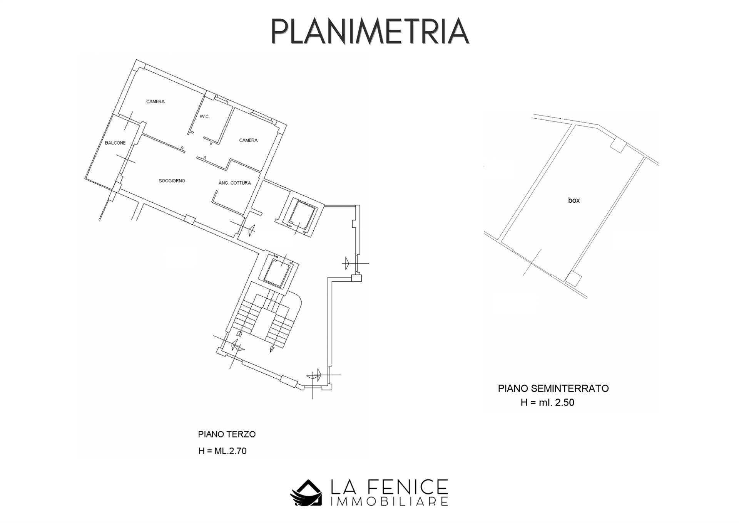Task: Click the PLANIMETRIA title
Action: click(x=370, y=31)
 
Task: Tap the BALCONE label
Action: click(x=115, y=143)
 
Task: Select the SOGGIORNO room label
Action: click(x=172, y=181)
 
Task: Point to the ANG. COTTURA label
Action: click(x=234, y=183)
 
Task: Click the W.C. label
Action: click(x=205, y=117)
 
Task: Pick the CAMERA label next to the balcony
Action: click(x=155, y=102)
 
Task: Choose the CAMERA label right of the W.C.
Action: click(x=248, y=140)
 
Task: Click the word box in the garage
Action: click(x=574, y=200)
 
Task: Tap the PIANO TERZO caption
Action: click(x=227, y=434)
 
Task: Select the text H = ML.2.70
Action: click(x=222, y=451)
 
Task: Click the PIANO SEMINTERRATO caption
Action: click(x=553, y=388)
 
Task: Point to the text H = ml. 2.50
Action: click(x=547, y=403)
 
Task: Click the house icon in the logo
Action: click(x=306, y=493)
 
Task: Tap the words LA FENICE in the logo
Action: click(x=389, y=487)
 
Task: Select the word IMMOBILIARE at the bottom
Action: click(x=389, y=501)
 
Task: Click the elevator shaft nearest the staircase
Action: click(x=279, y=270)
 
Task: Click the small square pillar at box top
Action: click(x=618, y=145)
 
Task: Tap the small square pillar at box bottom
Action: click(x=573, y=279)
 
